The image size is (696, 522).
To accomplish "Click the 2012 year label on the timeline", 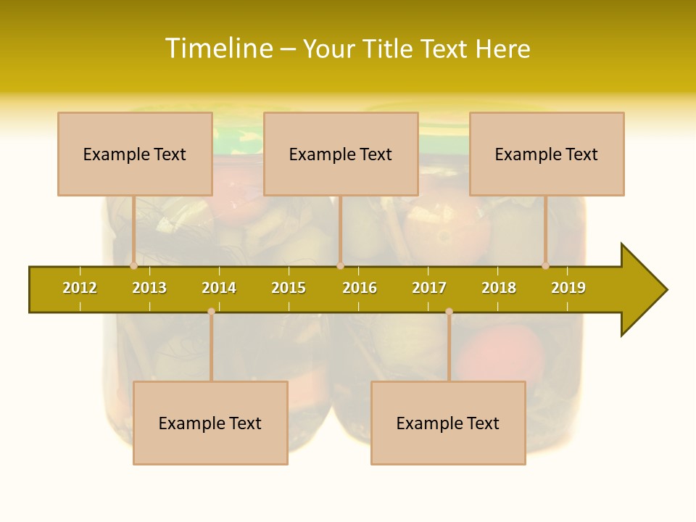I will [80, 288].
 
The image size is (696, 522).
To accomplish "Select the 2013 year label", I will [149, 288].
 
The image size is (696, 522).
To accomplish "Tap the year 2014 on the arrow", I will [219, 288].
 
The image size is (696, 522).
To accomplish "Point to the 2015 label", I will [289, 288].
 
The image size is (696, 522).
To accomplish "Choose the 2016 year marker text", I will [360, 288].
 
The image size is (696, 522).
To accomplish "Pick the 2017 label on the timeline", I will [429, 288].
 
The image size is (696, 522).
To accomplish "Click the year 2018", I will [499, 288].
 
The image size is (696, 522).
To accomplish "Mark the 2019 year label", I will [568, 288].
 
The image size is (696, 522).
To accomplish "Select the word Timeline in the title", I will [218, 49].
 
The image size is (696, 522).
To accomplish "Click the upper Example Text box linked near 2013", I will [135, 154].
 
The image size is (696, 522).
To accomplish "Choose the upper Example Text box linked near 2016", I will [341, 154].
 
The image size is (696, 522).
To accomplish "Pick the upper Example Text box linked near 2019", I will [547, 154].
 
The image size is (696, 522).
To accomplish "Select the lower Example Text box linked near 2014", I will [210, 423].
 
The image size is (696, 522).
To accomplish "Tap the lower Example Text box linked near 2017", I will [448, 423].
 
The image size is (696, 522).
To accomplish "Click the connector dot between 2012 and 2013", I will [133, 265].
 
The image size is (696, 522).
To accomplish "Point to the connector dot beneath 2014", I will [211, 311].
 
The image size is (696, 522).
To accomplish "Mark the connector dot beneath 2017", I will [449, 311].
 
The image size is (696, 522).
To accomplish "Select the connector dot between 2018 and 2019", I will [545, 265].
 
